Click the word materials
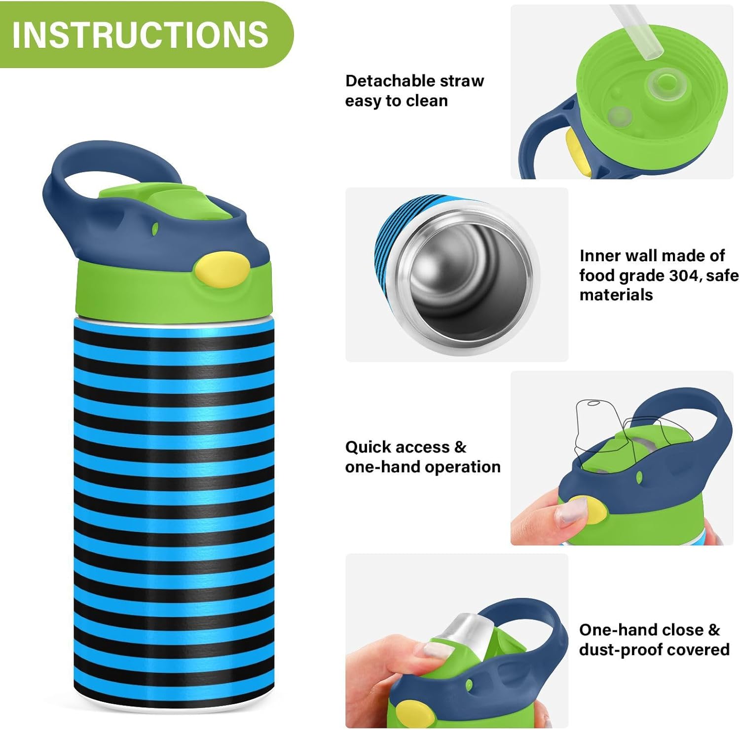tap(616, 295)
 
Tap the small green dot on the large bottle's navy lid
tap(155, 228)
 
